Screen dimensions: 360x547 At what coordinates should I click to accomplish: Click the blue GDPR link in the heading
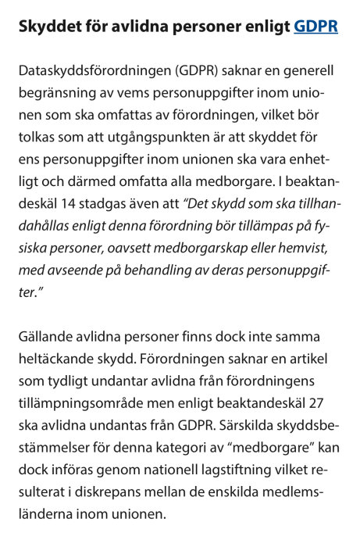[x=315, y=26]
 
